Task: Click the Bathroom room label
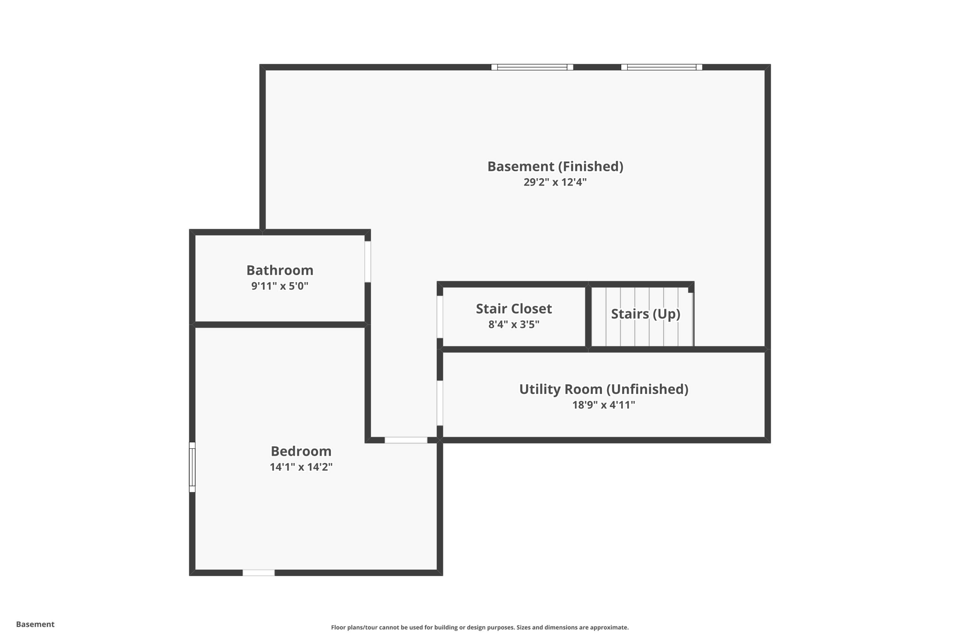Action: (x=280, y=270)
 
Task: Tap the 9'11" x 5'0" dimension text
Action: (x=280, y=286)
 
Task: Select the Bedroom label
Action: (x=301, y=451)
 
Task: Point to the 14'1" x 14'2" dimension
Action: (x=301, y=467)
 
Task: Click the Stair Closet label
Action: (x=514, y=309)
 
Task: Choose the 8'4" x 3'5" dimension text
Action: (x=514, y=324)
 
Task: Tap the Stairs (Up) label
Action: (x=645, y=314)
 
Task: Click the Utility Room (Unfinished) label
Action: (x=604, y=389)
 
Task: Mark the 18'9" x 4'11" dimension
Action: (x=604, y=405)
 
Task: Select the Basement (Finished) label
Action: (x=555, y=166)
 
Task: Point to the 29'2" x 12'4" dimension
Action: (x=555, y=182)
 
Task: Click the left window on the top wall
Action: (x=532, y=67)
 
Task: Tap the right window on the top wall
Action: (x=661, y=67)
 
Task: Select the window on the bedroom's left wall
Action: (x=192, y=467)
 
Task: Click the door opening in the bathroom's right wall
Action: (x=368, y=262)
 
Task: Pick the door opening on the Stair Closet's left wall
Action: (x=440, y=317)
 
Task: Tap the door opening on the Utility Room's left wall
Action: (x=440, y=403)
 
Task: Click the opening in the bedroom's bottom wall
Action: (x=258, y=572)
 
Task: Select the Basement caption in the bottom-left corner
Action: (x=35, y=624)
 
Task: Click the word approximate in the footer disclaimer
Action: (x=609, y=627)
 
